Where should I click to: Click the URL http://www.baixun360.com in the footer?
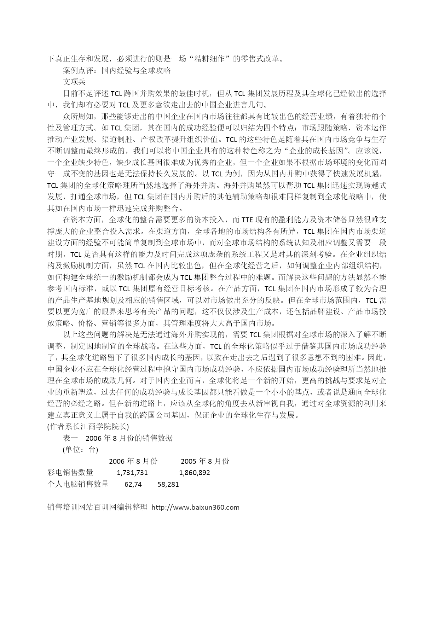(195, 508)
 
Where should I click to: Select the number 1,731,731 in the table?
(132, 473)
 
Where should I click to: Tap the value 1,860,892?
(195, 473)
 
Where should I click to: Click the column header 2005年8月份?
(205, 461)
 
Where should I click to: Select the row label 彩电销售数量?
(70, 473)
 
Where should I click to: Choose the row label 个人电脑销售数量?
(78, 484)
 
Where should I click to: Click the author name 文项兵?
(74, 82)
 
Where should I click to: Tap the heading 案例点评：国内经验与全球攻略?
(117, 70)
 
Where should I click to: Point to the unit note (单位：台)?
(80, 450)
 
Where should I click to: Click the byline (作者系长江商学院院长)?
(88, 426)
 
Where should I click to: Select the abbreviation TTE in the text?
(247, 220)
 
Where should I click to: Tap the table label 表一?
(70, 438)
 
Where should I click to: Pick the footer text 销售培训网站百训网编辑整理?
(97, 508)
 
